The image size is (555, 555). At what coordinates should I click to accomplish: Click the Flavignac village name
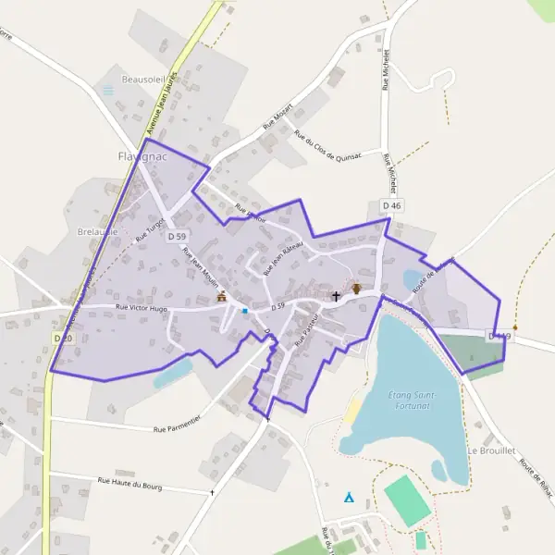(140, 155)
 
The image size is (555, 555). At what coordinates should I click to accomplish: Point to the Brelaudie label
(97, 232)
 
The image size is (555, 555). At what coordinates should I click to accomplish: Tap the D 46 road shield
(391, 205)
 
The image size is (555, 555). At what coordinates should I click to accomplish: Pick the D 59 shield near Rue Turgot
(179, 237)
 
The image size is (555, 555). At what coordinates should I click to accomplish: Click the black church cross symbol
(336, 296)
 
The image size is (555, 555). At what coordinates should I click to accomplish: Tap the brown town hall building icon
(221, 297)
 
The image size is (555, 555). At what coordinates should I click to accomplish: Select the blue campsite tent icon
(349, 497)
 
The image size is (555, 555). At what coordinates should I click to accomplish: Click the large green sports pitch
(407, 500)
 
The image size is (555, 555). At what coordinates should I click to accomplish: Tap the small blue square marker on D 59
(245, 311)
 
